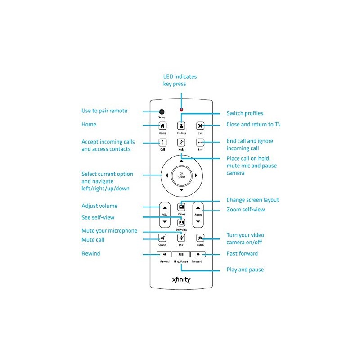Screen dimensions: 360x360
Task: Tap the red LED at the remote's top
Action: point(181,109)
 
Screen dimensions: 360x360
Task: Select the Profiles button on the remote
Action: point(181,126)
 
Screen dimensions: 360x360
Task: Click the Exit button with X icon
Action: point(200,126)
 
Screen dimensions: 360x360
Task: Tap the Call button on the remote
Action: point(162,143)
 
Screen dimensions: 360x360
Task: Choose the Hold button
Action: point(181,143)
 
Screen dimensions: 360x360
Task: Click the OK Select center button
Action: point(181,175)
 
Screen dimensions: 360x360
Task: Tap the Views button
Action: point(181,207)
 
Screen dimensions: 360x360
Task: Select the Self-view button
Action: point(181,222)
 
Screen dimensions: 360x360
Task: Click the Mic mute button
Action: point(181,238)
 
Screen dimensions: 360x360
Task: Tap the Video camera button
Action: point(200,238)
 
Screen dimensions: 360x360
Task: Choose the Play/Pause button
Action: point(181,254)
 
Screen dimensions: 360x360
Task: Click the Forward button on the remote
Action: point(198,254)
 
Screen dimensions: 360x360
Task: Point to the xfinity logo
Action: point(181,280)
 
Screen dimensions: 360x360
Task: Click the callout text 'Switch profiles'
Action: point(245,113)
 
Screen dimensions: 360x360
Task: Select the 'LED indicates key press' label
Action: point(180,80)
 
